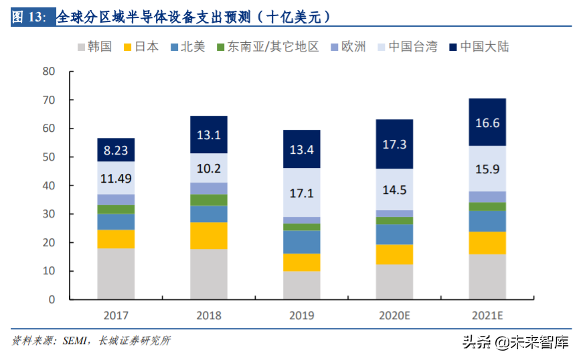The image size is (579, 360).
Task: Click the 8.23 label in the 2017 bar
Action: [116, 150]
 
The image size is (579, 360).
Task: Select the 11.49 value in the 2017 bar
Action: [116, 178]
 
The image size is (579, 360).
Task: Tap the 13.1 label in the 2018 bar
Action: [209, 135]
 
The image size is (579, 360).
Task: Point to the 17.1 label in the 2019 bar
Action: [302, 193]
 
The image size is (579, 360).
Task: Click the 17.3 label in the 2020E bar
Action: [394, 144]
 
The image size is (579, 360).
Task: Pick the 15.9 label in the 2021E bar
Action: [487, 169]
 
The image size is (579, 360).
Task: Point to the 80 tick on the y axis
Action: [48, 72]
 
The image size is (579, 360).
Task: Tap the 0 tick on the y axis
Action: [52, 300]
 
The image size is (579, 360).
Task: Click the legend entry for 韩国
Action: [94, 47]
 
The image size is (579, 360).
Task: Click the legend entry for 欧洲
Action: [347, 47]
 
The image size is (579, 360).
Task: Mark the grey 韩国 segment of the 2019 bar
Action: [302, 285]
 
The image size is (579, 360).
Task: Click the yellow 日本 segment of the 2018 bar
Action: [209, 236]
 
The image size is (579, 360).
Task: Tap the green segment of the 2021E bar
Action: [487, 206]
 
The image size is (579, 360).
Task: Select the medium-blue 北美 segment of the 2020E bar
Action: [394, 234]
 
